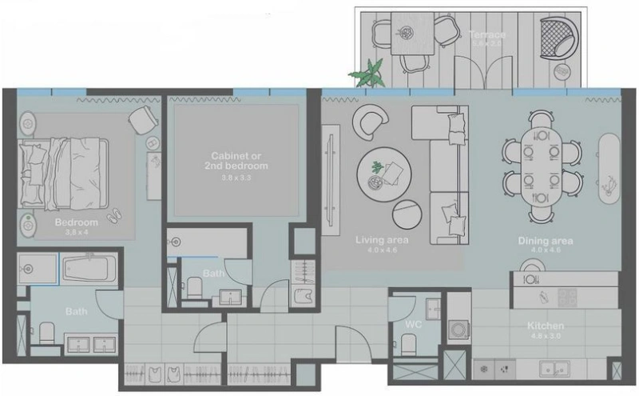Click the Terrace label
click(487, 36)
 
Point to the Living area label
click(382, 239)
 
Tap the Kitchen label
click(546, 326)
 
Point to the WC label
click(413, 325)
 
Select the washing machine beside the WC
click(459, 329)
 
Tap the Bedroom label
click(76, 222)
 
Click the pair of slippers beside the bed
click(113, 214)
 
